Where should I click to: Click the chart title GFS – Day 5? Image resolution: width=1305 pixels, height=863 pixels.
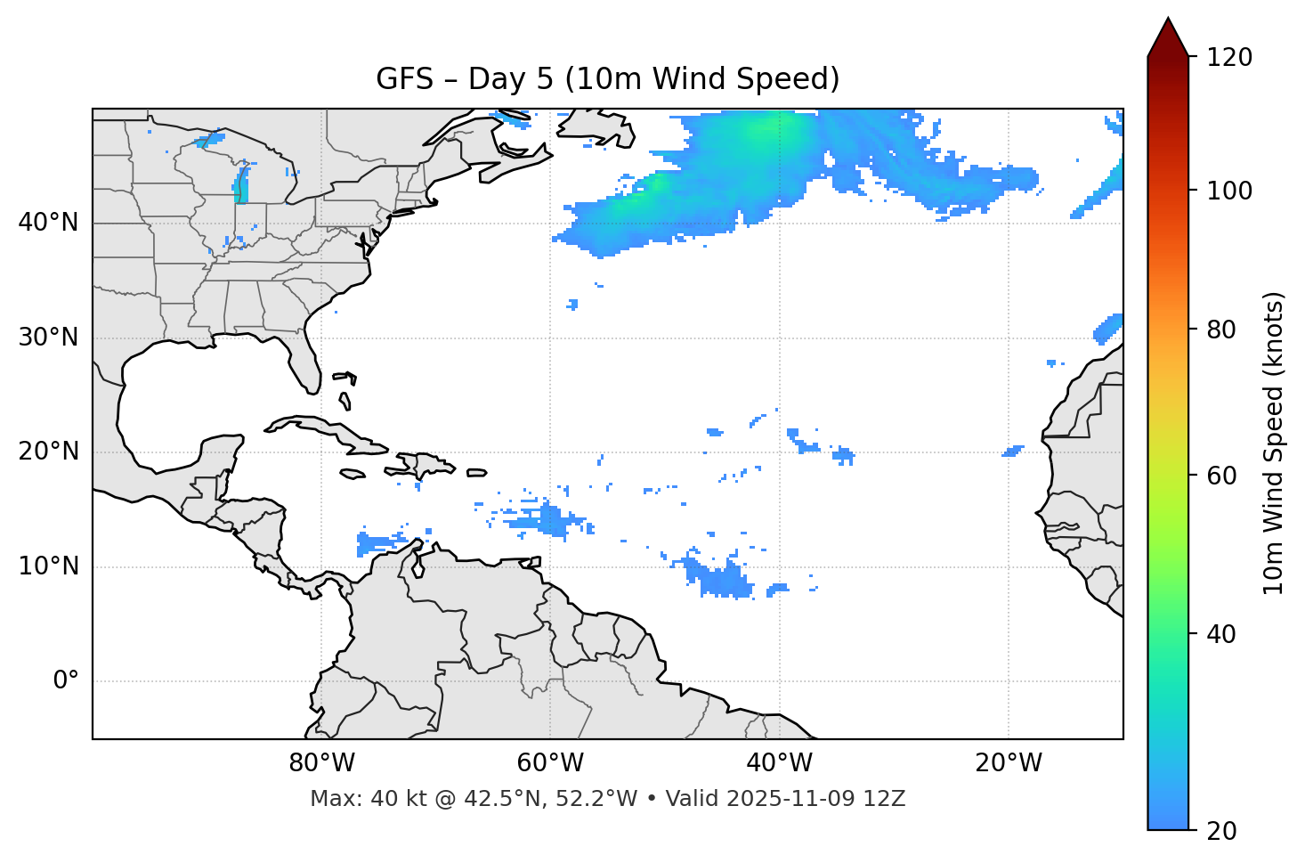coord(607,79)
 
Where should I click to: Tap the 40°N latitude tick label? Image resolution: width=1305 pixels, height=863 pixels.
coord(48,222)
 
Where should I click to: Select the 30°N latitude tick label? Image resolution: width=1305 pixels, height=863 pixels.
coord(48,338)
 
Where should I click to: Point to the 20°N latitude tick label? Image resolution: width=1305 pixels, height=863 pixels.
coord(48,452)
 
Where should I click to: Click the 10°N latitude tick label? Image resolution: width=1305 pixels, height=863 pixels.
coord(48,566)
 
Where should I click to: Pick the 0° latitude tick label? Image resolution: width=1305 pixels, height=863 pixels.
coord(66,681)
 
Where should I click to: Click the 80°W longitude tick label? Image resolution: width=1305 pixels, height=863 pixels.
coord(321,763)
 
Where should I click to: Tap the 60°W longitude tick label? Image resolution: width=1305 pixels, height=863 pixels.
coord(550,763)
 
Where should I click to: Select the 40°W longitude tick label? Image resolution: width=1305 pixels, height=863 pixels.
coord(780,763)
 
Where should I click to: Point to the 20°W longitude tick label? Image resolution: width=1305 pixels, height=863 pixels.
coord(1009,763)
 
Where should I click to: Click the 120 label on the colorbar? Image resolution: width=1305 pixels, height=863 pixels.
coord(1229,58)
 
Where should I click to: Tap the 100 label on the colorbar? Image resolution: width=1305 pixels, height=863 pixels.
coord(1229,191)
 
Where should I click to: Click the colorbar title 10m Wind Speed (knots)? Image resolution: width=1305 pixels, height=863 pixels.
coord(1274,443)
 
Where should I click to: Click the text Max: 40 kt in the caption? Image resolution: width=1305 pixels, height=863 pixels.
coord(351,799)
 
